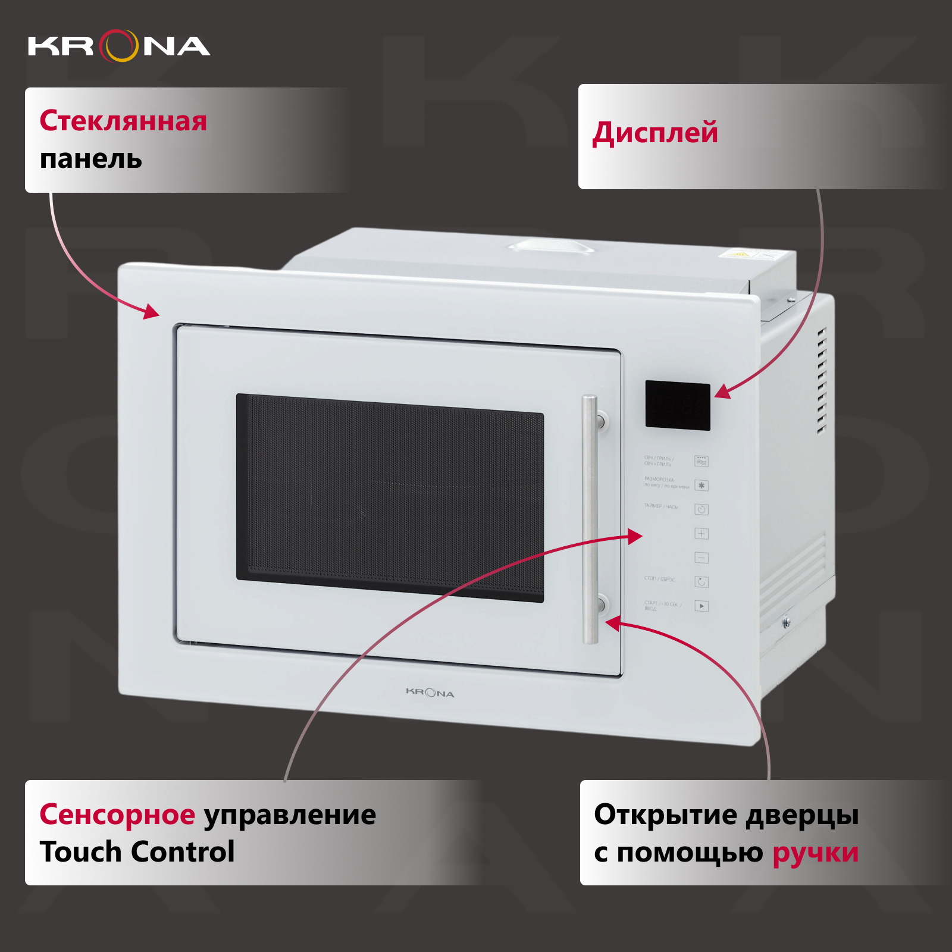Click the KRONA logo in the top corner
point(119,46)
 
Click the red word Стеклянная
point(123,121)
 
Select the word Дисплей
point(655,133)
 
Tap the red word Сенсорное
point(117,815)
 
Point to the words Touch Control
point(137,851)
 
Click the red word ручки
point(815,853)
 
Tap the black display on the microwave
point(678,405)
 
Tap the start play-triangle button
point(702,606)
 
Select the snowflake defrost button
point(702,486)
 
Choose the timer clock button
point(702,510)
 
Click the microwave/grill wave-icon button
point(702,461)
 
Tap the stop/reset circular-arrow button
point(702,582)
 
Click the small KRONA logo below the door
point(430,693)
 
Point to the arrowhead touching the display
point(722,392)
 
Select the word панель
point(91,159)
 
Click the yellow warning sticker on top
point(738,254)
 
